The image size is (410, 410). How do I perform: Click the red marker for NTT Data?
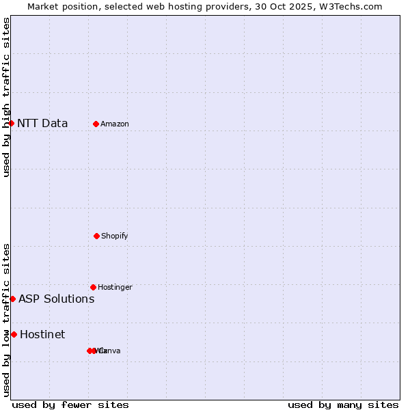(x=12, y=123)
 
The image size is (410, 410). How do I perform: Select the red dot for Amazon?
(x=96, y=124)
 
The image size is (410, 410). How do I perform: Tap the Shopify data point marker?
(x=96, y=236)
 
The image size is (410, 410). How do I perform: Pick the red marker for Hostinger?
(x=93, y=287)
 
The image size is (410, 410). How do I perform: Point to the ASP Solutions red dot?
(x=13, y=299)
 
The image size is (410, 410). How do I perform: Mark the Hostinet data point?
(x=14, y=334)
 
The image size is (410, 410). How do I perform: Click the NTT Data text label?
(x=42, y=124)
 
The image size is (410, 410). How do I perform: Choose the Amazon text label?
(x=115, y=124)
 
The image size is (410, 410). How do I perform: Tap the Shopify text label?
(x=115, y=236)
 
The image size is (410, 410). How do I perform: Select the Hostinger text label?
(x=115, y=288)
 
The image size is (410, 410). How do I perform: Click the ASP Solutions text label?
(x=57, y=299)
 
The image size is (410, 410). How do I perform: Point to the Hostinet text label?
(x=42, y=335)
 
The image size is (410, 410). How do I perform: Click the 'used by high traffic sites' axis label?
(x=7, y=97)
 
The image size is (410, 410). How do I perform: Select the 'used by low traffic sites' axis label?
(x=7, y=320)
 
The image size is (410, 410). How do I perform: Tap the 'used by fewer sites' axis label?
(x=70, y=405)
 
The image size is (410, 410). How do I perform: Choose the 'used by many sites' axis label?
(x=343, y=405)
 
